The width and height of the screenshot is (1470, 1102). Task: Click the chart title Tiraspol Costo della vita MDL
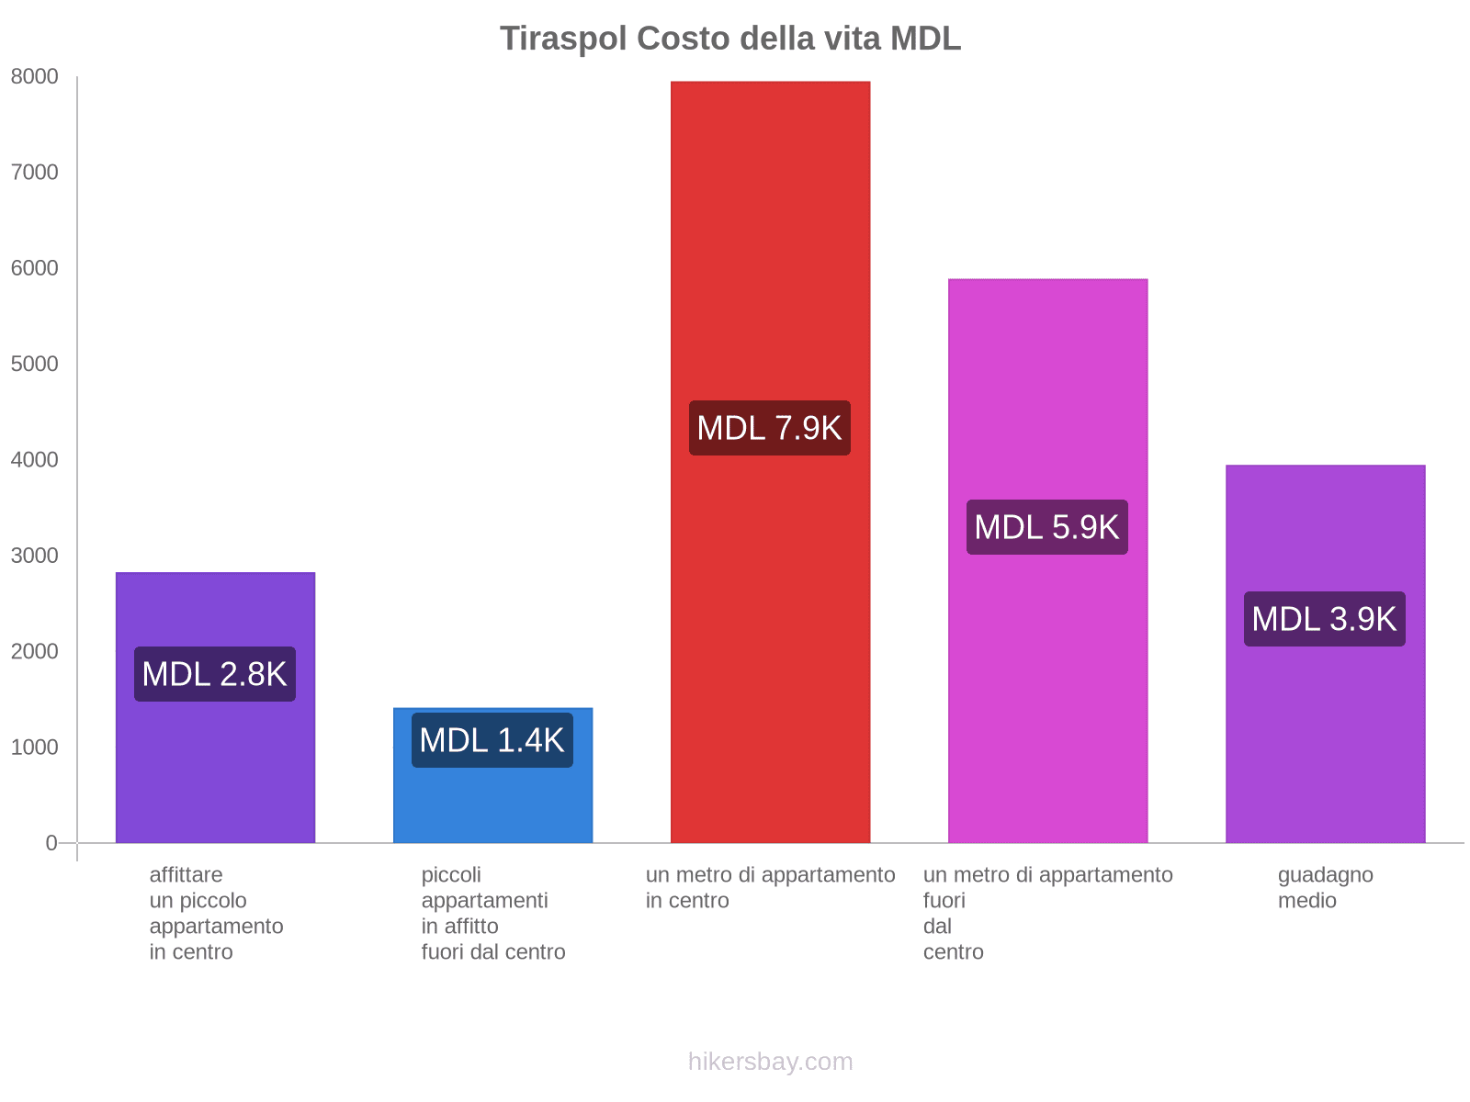pyautogui.click(x=730, y=39)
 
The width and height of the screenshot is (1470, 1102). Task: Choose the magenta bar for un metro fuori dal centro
pyautogui.click(x=1047, y=386)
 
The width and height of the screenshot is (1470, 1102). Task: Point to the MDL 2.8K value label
pyautogui.click(x=215, y=674)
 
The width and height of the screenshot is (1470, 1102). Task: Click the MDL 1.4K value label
pyautogui.click(x=492, y=740)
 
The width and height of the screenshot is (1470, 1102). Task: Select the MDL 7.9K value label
pyautogui.click(x=770, y=428)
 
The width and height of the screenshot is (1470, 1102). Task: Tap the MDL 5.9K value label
pyautogui.click(x=1047, y=527)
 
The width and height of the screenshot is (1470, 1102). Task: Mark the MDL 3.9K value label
pyautogui.click(x=1325, y=619)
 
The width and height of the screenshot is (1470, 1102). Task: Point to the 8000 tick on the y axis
pyautogui.click(x=35, y=77)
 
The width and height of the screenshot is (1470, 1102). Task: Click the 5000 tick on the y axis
pyautogui.click(x=35, y=365)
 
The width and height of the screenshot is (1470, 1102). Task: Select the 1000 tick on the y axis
pyautogui.click(x=35, y=748)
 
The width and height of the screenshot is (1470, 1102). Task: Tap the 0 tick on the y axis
pyautogui.click(x=51, y=843)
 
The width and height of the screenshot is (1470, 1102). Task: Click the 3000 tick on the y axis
pyautogui.click(x=35, y=556)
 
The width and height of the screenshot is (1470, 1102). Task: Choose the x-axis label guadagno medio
pyautogui.click(x=1325, y=888)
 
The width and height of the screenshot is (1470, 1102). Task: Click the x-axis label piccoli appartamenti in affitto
pyautogui.click(x=492, y=914)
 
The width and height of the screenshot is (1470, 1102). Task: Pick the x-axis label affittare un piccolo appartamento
pyautogui.click(x=215, y=914)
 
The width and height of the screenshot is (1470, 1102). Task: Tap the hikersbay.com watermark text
pyautogui.click(x=770, y=1062)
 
